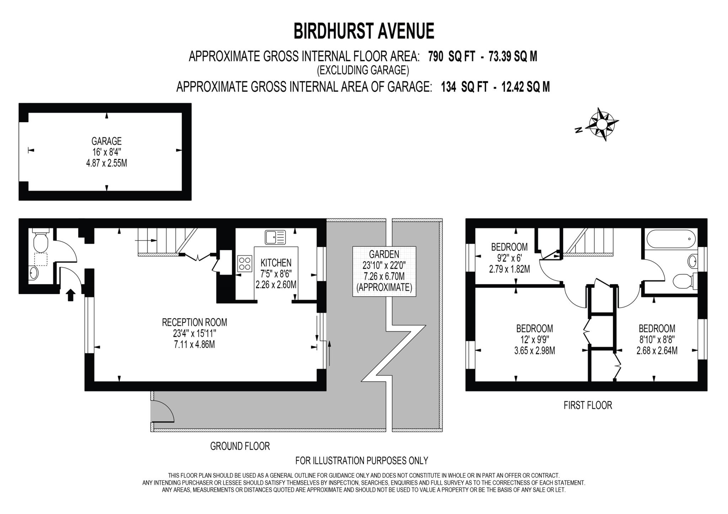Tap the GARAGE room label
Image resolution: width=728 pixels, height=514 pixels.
pyautogui.click(x=106, y=141)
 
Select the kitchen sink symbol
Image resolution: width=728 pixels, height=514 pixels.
pyautogui.click(x=275, y=237)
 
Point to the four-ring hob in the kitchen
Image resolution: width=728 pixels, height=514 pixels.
pyautogui.click(x=245, y=264)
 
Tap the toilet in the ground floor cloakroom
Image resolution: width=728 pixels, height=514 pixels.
pyautogui.click(x=40, y=242)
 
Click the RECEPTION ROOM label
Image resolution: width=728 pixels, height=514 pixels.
pyautogui.click(x=194, y=322)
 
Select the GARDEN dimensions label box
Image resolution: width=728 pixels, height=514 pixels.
pyautogui.click(x=384, y=271)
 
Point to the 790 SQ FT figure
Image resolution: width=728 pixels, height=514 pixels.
pyautogui.click(x=451, y=57)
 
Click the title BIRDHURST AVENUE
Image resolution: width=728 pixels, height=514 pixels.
pyautogui.click(x=364, y=31)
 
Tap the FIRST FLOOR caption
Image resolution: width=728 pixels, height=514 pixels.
pyautogui.click(x=588, y=405)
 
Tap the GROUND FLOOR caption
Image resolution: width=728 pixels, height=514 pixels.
pyautogui.click(x=240, y=446)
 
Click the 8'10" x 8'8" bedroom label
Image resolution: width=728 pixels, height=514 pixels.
pyautogui.click(x=657, y=339)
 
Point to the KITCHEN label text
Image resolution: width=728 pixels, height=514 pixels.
pyautogui.click(x=276, y=263)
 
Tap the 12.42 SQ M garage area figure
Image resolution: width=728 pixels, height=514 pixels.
pyautogui.click(x=525, y=87)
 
